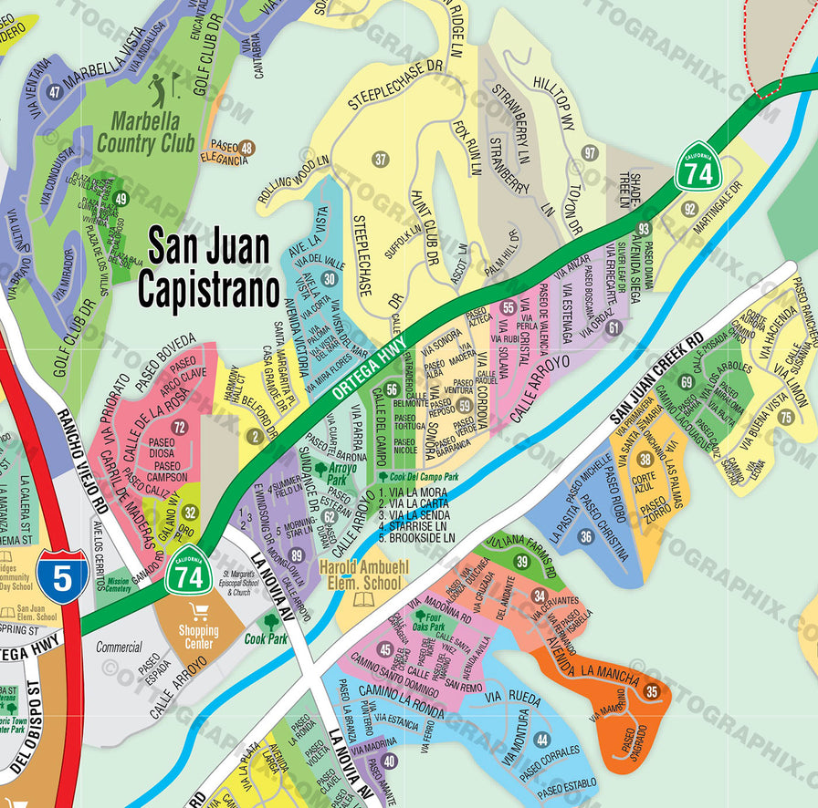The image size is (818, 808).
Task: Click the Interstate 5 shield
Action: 62,574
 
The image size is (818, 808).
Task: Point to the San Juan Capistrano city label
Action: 208,269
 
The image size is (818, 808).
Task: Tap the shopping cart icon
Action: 198,613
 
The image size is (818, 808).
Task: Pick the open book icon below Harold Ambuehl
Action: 364,599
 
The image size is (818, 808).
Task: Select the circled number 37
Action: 381,160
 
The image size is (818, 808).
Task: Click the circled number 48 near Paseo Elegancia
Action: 246,148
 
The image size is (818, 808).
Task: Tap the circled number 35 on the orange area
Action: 652,691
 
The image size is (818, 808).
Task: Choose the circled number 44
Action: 542,740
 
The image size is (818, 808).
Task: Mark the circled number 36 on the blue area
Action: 586,537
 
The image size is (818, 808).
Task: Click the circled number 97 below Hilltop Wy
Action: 591,152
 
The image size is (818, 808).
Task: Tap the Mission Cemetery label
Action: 119,585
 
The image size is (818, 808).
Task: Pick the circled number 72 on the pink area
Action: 179,427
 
